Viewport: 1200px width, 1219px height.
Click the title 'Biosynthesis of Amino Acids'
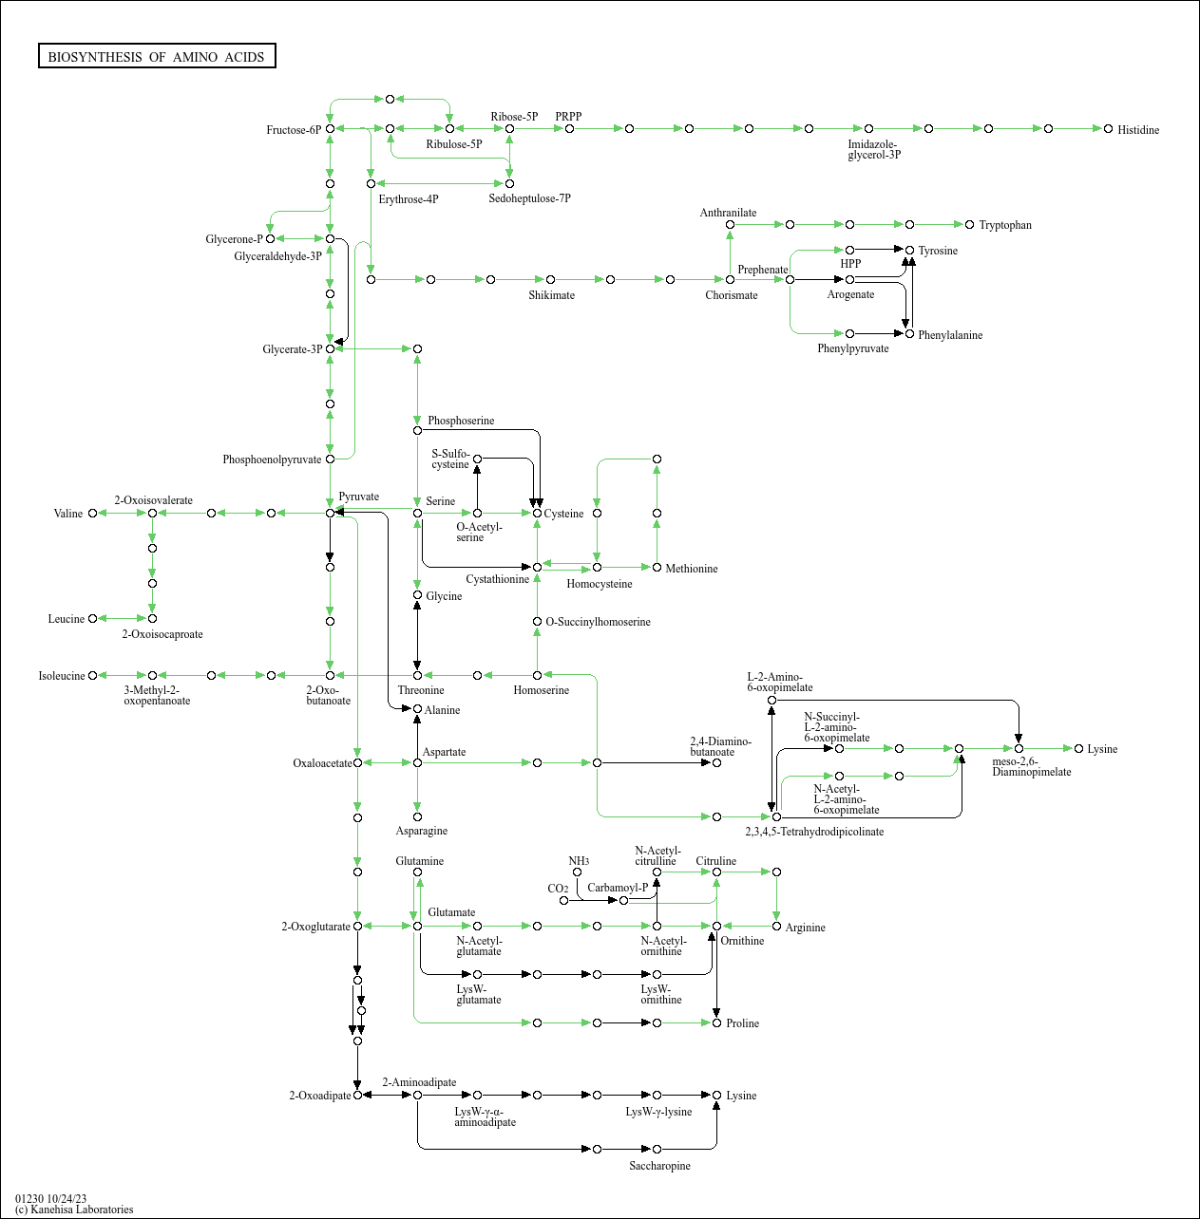click(x=157, y=57)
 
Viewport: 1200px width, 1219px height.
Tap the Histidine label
click(x=1138, y=130)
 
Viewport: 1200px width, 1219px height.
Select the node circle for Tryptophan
click(x=969, y=225)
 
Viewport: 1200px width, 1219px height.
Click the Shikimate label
click(x=552, y=295)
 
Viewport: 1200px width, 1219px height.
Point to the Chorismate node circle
click(x=730, y=280)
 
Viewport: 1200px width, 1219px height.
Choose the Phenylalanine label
click(x=950, y=335)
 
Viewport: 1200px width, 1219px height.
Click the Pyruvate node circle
click(x=330, y=513)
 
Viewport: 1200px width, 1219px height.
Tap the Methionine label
click(x=692, y=569)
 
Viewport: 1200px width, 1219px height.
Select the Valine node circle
click(x=92, y=513)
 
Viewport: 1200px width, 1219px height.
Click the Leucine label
click(x=66, y=619)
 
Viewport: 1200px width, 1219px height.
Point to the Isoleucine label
click(x=62, y=676)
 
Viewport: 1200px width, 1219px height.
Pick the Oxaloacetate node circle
click(x=358, y=763)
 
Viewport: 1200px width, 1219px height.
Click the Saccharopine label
click(x=659, y=1166)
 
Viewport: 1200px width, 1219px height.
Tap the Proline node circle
click(x=716, y=1022)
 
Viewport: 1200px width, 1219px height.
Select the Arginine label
click(x=805, y=928)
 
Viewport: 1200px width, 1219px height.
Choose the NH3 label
click(x=579, y=861)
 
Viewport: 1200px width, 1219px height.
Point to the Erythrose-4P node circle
click(x=371, y=183)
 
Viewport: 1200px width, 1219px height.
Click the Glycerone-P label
click(x=234, y=239)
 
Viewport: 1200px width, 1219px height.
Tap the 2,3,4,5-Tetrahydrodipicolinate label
click(x=814, y=832)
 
